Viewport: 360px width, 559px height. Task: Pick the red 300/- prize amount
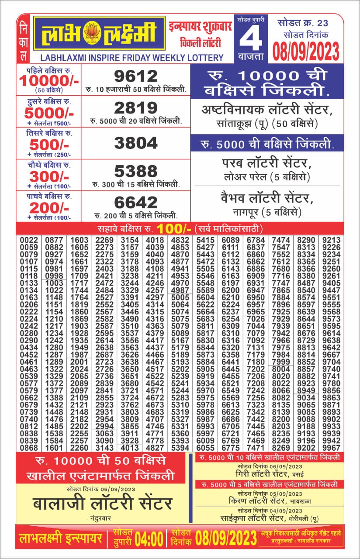tap(49, 176)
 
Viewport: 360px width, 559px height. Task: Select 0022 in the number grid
tap(29, 240)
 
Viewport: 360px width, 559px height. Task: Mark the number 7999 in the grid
tap(280, 362)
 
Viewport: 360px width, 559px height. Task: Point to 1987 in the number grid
tap(79, 355)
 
